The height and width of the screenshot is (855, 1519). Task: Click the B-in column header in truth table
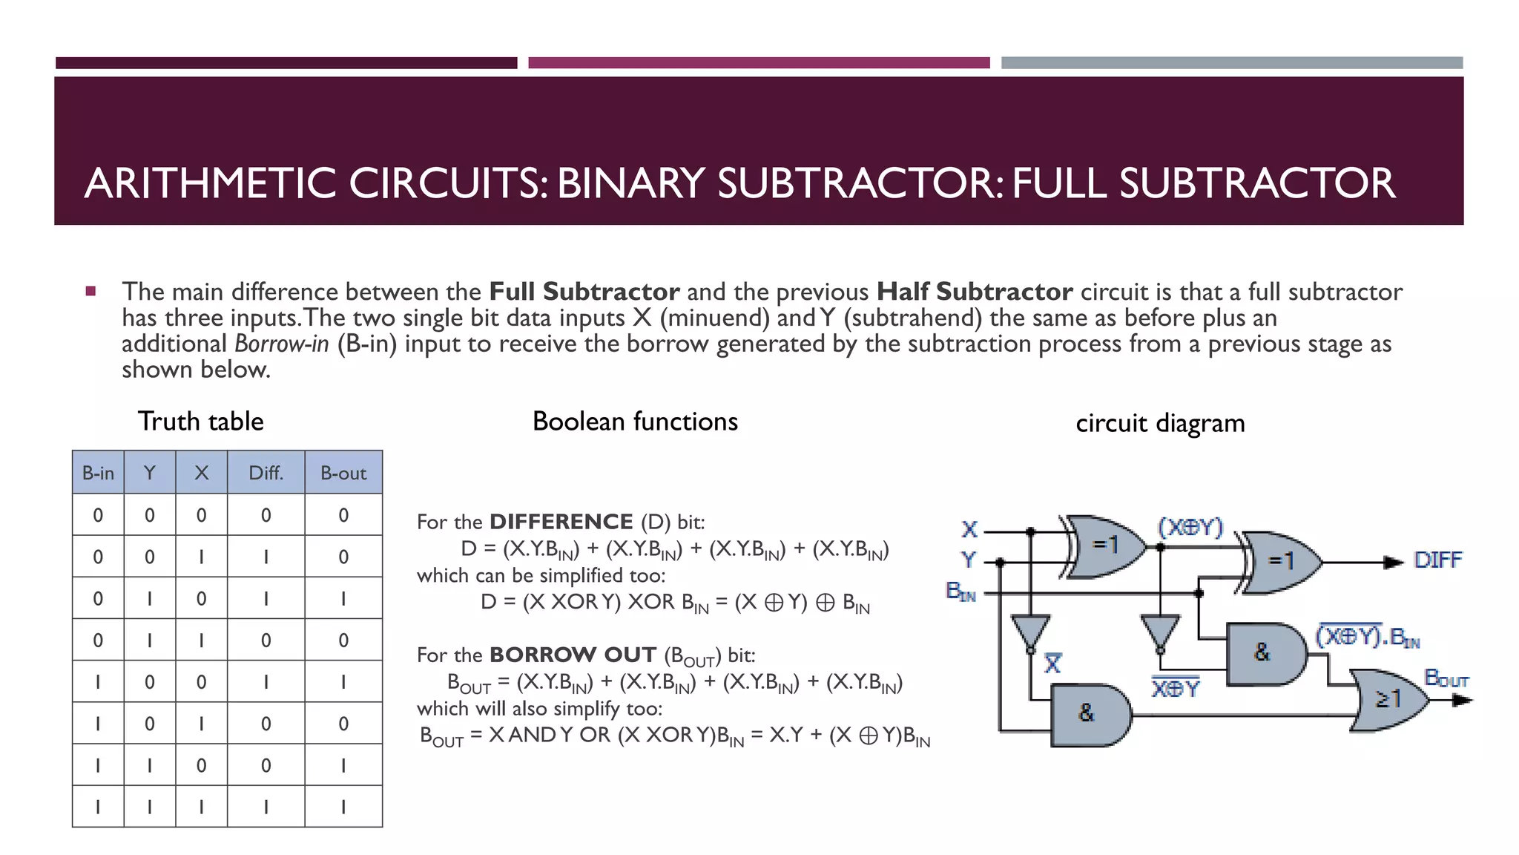tap(98, 473)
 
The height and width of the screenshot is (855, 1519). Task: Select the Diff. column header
tap(266, 473)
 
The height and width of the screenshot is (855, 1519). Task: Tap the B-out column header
tap(343, 473)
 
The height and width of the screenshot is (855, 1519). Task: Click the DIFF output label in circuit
tap(1437, 560)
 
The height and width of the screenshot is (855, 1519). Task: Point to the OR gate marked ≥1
tap(1387, 700)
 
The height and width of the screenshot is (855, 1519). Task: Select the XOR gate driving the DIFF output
tap(1282, 562)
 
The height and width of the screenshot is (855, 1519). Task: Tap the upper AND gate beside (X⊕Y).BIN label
tap(1264, 653)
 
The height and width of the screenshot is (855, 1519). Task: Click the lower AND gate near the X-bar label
tap(1089, 715)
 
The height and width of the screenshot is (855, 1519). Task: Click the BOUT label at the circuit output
tap(1446, 678)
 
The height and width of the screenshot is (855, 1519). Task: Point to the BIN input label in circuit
tap(961, 592)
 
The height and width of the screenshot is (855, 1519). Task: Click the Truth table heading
tap(200, 422)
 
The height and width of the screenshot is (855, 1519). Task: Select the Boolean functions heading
tap(635, 422)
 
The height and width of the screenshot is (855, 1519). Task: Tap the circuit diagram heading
tap(1160, 423)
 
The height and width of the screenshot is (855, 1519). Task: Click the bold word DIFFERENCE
tap(561, 522)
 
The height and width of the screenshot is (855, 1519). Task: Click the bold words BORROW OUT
tap(573, 655)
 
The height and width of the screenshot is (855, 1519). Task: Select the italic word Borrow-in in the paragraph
tap(281, 344)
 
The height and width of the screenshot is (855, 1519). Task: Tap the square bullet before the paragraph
tap(90, 291)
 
